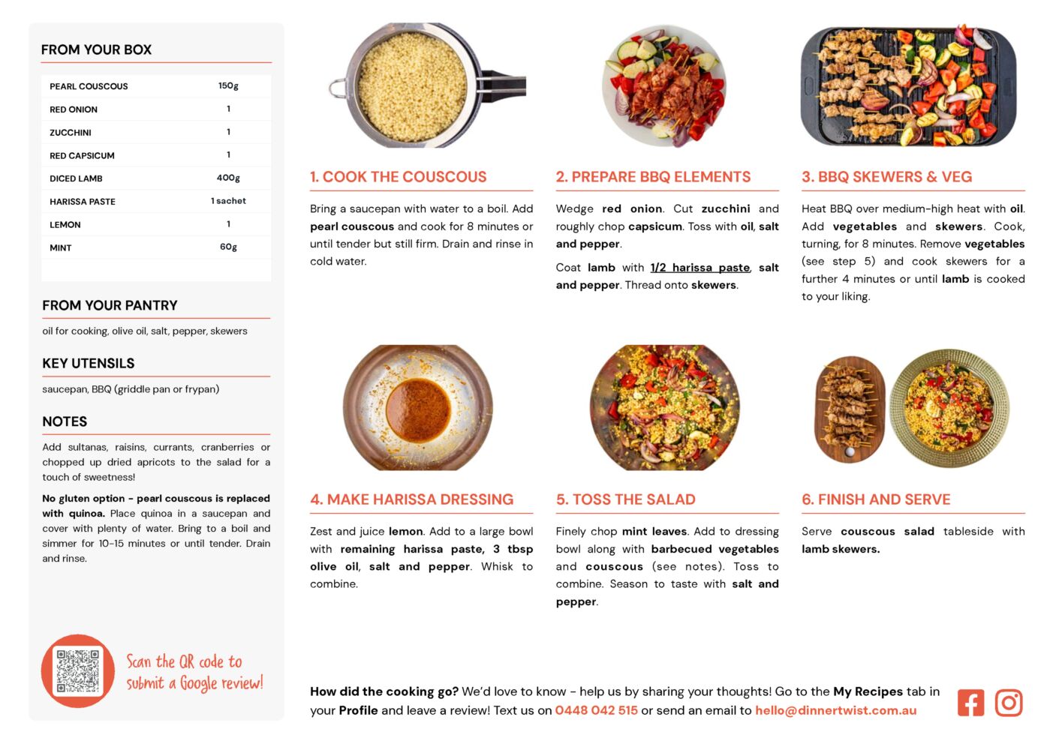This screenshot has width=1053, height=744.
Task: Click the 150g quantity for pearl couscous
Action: point(228,85)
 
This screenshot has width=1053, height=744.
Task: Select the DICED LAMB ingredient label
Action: point(76,178)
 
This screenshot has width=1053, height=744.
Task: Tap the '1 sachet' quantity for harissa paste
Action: point(228,201)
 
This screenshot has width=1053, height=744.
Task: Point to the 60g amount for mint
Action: point(228,247)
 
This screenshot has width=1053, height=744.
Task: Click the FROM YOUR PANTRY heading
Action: point(110,305)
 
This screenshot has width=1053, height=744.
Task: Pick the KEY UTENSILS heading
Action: point(89,363)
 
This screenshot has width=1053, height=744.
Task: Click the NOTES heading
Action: point(65,421)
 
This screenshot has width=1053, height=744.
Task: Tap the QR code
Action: point(78,671)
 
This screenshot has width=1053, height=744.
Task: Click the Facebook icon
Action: point(970,703)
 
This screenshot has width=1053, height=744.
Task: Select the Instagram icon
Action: point(1008,703)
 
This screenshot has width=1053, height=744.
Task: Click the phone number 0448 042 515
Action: point(596,710)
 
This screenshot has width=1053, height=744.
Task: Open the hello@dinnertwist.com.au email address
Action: point(836,710)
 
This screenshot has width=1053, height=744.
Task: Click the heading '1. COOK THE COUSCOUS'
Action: point(399,176)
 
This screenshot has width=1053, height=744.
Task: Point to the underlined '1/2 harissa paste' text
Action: point(700,268)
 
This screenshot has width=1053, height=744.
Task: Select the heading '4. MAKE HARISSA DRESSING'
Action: point(412,499)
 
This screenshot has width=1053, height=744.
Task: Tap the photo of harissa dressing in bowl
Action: point(418,408)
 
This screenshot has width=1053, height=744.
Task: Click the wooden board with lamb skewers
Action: point(850,409)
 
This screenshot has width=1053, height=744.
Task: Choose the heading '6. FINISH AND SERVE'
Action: point(876,499)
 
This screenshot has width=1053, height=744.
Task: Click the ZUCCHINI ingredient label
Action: point(71,133)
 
